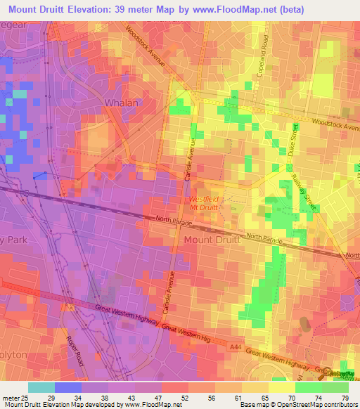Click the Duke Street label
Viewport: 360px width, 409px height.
click(293, 141)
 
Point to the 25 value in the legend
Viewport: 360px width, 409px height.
click(27, 397)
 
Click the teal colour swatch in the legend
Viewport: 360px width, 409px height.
click(41, 387)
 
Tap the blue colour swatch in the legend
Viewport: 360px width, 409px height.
click(68, 387)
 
